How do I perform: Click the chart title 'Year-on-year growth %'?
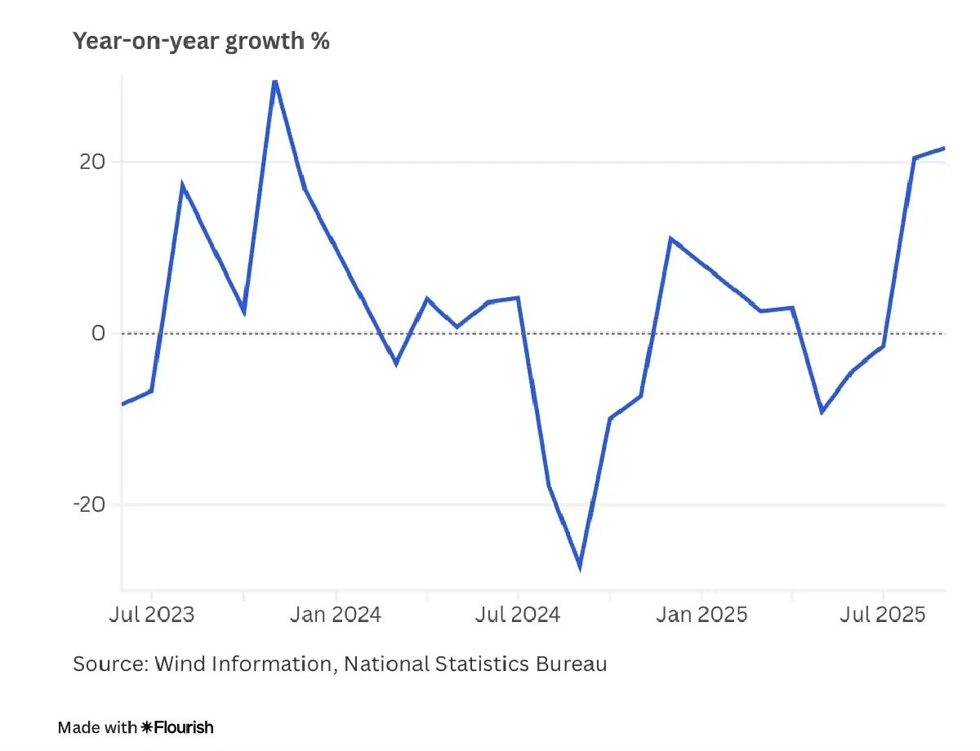[201, 42]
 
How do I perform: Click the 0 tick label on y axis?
[98, 333]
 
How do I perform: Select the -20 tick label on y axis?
[90, 504]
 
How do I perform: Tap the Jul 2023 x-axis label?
[152, 614]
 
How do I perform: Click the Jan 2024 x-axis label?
[336, 614]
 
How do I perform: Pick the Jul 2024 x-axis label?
[518, 614]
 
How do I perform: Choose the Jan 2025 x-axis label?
[702, 614]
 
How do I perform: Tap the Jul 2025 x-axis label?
[884, 614]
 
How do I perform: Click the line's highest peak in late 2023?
[274, 81]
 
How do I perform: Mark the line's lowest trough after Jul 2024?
[579, 567]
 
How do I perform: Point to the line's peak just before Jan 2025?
[670, 239]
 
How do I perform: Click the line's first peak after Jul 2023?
[182, 186]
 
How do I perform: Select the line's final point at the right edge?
[944, 149]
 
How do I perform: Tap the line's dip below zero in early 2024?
[396, 362]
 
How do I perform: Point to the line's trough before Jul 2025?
[822, 411]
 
